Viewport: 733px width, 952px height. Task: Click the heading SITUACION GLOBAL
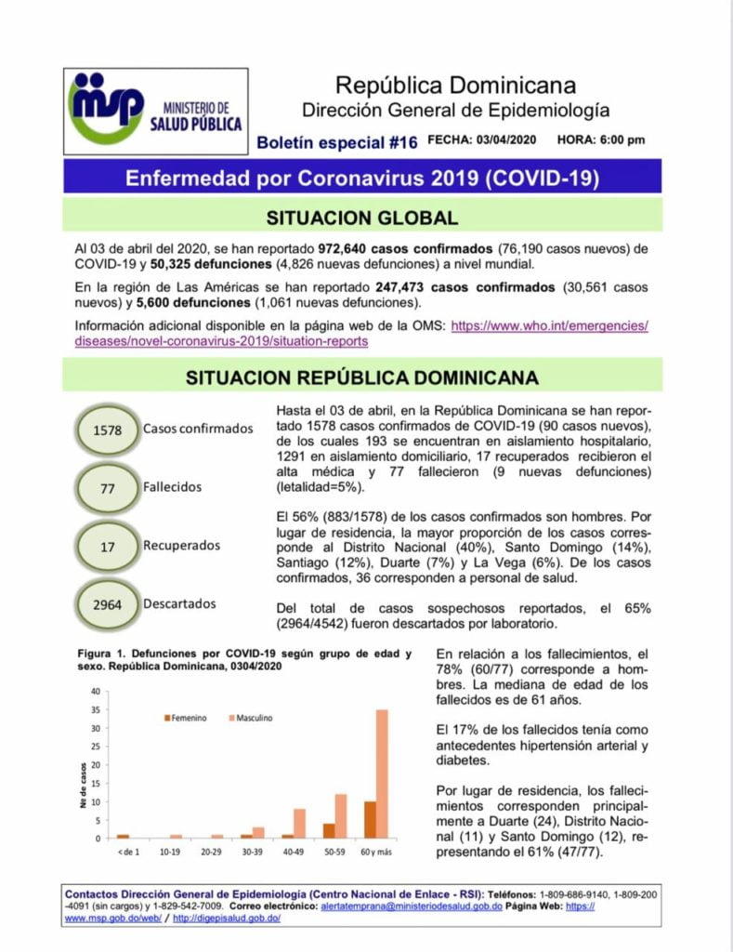[362, 218]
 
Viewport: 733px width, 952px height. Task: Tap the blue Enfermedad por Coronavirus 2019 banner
[362, 177]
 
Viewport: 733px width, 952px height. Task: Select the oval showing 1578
[108, 430]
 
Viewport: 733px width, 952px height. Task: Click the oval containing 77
[108, 487]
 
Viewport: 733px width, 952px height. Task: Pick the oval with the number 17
[108, 547]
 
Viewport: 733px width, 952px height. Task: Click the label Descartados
[179, 603]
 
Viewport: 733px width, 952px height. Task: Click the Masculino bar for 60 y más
[382, 773]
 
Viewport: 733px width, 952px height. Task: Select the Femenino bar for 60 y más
[370, 819]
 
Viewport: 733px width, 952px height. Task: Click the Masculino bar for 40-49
[300, 823]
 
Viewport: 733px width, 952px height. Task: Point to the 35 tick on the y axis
[95, 709]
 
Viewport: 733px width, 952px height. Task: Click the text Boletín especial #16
[337, 142]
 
